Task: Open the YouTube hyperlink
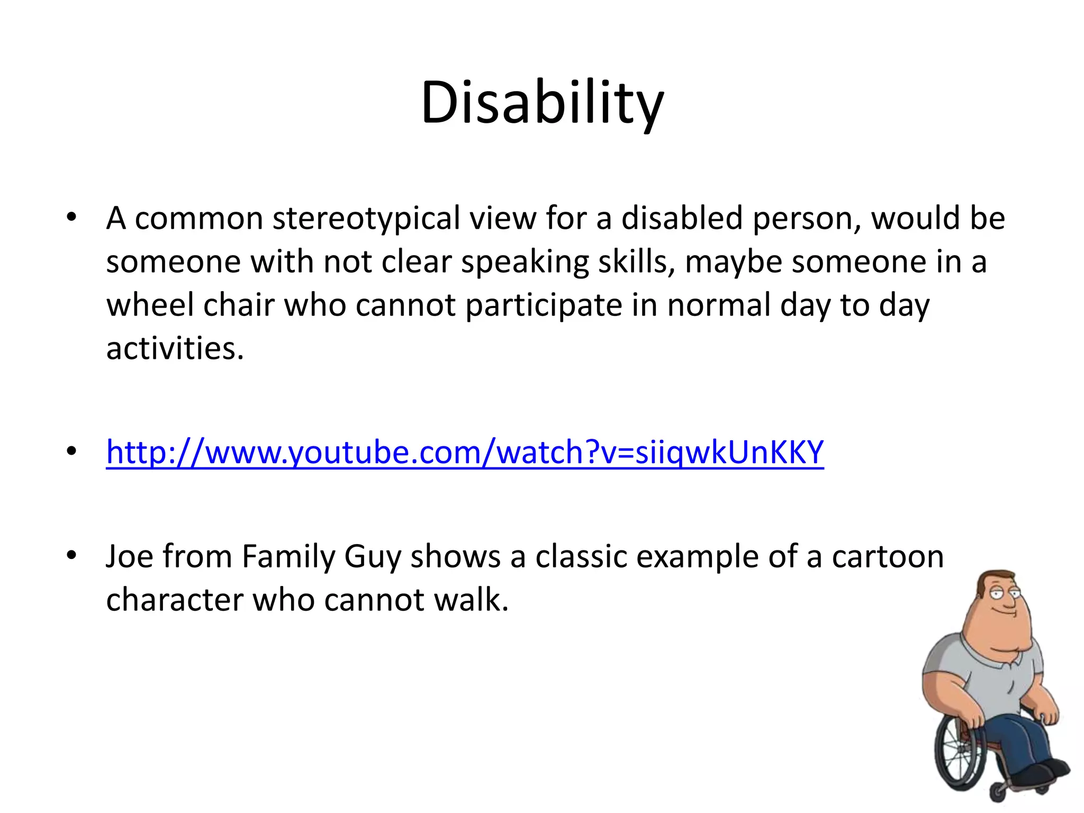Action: click(465, 453)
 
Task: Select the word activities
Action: click(175, 349)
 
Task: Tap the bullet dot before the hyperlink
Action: click(71, 451)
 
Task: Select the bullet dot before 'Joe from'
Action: click(71, 555)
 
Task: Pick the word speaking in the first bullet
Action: click(525, 262)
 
